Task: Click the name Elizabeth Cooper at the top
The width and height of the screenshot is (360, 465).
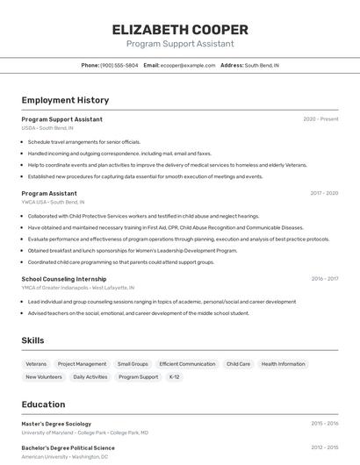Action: tap(180, 29)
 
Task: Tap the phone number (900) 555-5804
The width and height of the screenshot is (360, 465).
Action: tap(119, 65)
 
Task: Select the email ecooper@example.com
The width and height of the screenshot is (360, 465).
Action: tap(188, 65)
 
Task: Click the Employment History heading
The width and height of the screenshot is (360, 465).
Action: tap(65, 100)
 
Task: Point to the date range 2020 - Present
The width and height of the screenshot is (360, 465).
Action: tap(320, 118)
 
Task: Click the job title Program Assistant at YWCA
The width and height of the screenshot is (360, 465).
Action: tap(49, 193)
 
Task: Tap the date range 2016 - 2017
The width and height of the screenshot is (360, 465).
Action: tap(324, 279)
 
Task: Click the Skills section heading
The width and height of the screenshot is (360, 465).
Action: tap(32, 340)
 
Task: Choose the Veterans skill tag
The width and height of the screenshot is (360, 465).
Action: tap(36, 363)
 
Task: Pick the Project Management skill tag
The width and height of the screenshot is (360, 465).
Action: tap(82, 363)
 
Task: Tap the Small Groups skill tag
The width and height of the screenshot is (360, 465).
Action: tap(133, 363)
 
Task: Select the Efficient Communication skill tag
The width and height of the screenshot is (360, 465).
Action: tap(187, 363)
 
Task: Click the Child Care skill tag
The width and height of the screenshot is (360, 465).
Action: tap(238, 363)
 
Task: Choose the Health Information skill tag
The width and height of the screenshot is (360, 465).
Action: tap(283, 363)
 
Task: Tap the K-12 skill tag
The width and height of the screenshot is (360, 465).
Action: tap(174, 376)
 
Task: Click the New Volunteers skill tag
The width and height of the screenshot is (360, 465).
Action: tap(44, 376)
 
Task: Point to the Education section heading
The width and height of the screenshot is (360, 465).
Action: tap(43, 404)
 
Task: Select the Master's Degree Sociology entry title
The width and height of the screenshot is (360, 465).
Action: tap(56, 424)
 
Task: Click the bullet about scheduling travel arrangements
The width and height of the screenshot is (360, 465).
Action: tap(83, 141)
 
